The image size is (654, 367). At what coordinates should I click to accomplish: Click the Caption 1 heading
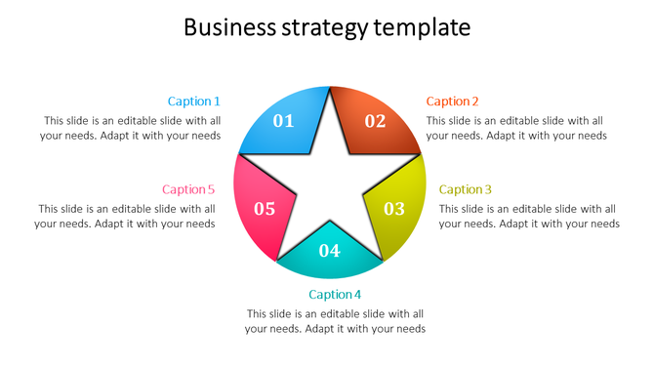click(x=193, y=102)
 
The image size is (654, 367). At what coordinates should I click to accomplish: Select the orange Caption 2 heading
click(x=453, y=102)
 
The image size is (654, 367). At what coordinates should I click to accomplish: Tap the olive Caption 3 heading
click(x=466, y=189)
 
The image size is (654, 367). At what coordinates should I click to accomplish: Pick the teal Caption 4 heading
click(x=335, y=295)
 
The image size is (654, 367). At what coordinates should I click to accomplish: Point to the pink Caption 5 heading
click(x=188, y=189)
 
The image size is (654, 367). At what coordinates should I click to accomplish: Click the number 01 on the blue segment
click(x=283, y=121)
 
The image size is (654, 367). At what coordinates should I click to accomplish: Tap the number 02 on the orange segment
click(x=376, y=121)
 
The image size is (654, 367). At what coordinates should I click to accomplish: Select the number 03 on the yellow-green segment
click(x=393, y=208)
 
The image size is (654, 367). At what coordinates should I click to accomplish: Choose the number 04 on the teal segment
click(x=330, y=251)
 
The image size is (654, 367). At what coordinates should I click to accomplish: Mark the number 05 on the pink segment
click(x=265, y=208)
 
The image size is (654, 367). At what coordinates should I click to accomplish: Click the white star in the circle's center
click(x=330, y=185)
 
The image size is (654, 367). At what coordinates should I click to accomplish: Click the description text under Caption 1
click(x=131, y=128)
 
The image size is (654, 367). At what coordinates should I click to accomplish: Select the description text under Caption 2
click(x=516, y=128)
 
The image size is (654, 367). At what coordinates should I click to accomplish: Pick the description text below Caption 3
click(x=529, y=216)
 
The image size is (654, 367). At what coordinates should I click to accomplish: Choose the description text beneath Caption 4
click(x=335, y=321)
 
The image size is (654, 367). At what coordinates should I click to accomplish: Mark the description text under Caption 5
click(x=125, y=216)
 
